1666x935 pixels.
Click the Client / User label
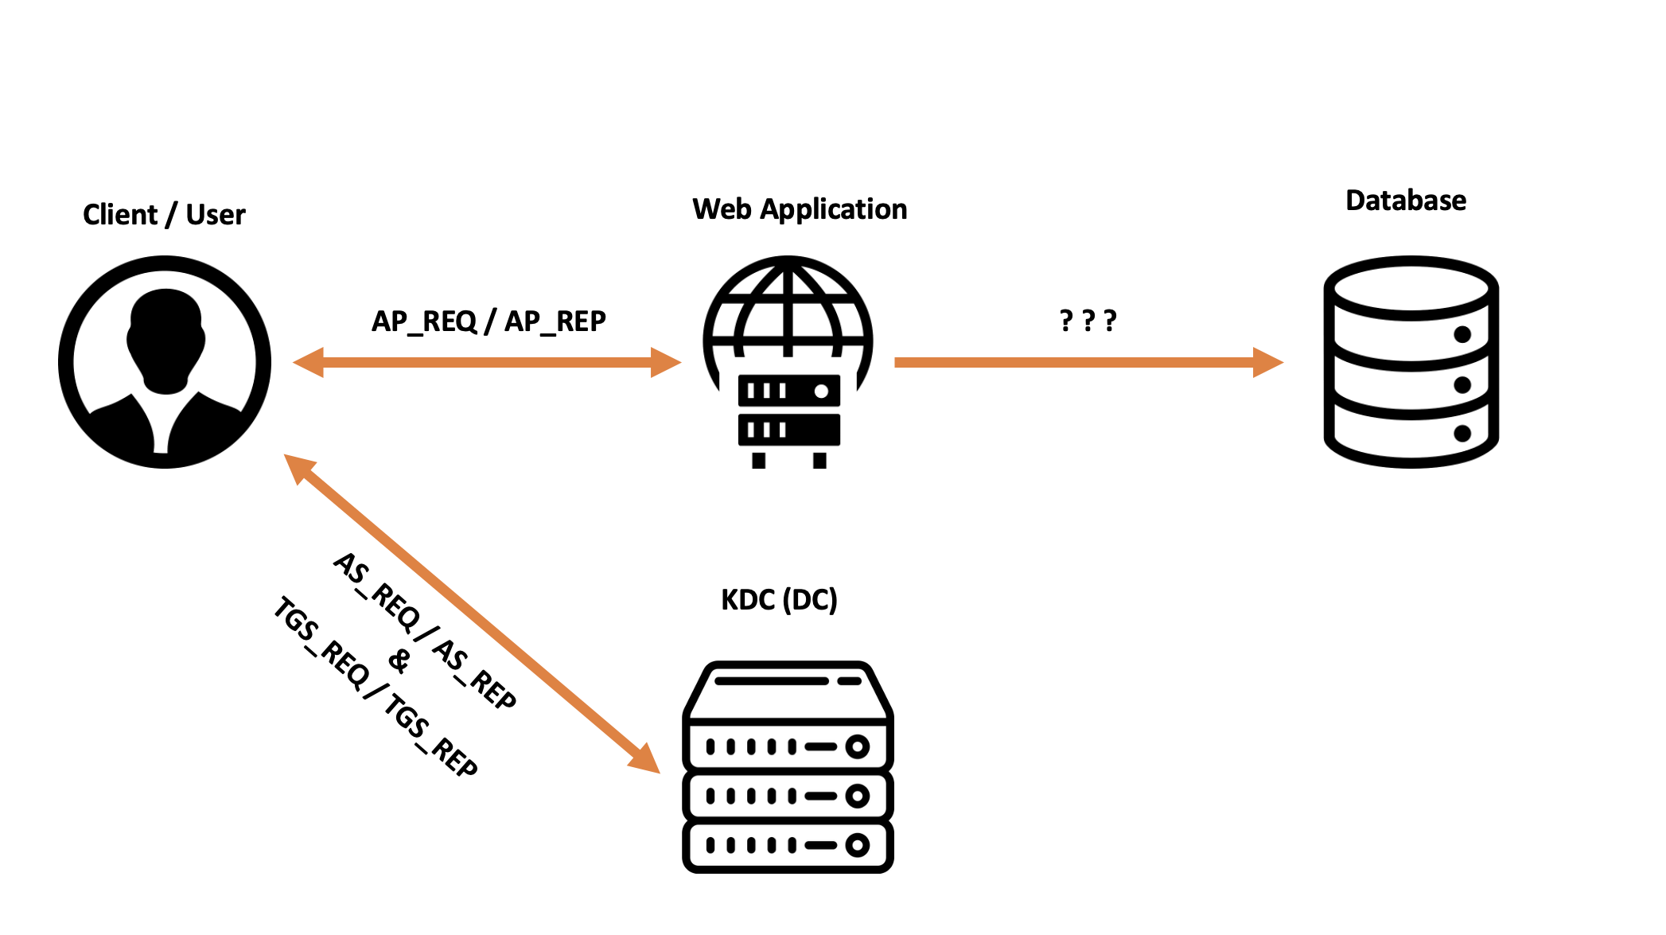coord(164,215)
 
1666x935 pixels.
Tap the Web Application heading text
coord(799,209)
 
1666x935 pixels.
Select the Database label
coord(1405,201)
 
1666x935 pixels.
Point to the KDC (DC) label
coord(779,599)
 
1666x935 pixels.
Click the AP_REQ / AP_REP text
coord(489,321)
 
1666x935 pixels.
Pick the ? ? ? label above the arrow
coord(1088,321)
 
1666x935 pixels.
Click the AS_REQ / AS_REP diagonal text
coord(425,630)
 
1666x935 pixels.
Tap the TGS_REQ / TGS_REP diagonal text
coord(376,686)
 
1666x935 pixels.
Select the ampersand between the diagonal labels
coord(399,660)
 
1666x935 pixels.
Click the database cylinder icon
coord(1411,362)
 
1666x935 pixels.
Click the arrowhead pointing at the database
coord(1268,362)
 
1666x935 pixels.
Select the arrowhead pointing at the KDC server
coord(644,758)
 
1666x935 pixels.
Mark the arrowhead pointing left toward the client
coord(309,362)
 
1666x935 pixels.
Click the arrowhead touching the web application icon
coord(666,362)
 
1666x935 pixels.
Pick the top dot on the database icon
coord(1462,334)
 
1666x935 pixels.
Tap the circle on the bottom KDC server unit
coord(857,845)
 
